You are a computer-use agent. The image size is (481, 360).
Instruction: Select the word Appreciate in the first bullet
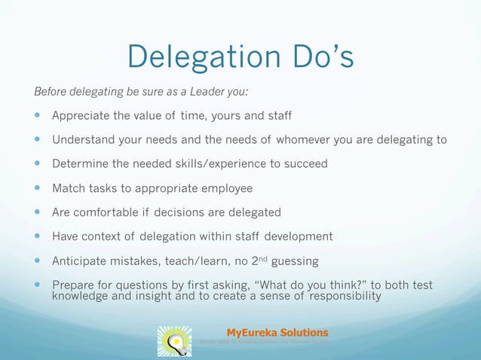click(82, 116)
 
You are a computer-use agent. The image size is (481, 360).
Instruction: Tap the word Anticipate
click(80, 261)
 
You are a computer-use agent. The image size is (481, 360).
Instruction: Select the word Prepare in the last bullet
click(75, 285)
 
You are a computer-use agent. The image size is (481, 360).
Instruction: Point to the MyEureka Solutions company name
click(277, 332)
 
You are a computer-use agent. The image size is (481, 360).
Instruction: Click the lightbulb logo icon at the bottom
click(174, 340)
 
